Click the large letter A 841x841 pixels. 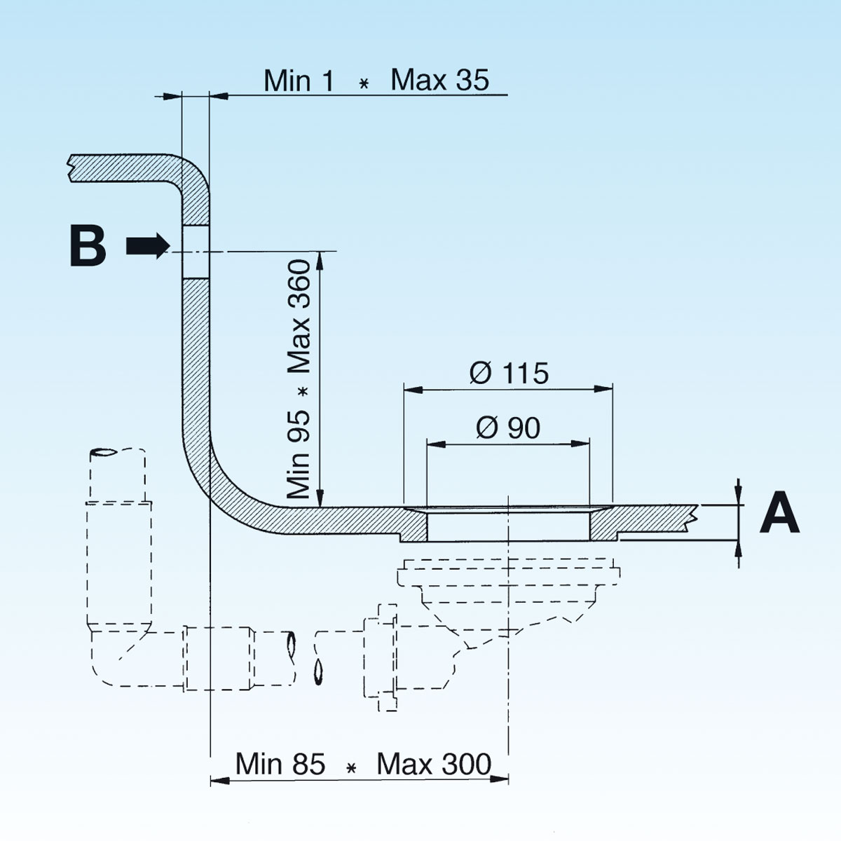click(x=779, y=513)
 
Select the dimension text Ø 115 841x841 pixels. click(x=509, y=373)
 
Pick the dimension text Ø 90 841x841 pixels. click(x=508, y=428)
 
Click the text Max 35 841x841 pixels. click(x=439, y=80)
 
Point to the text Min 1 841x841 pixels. click(x=299, y=81)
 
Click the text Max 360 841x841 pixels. click(x=300, y=316)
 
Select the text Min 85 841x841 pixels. click(x=280, y=763)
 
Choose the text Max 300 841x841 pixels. click(x=434, y=763)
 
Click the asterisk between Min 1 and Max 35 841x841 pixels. click(x=363, y=84)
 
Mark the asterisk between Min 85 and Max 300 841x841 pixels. click(x=352, y=768)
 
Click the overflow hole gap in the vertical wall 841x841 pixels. click(x=196, y=251)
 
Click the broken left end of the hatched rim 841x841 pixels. click(x=71, y=168)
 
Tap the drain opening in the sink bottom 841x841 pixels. click(x=508, y=524)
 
